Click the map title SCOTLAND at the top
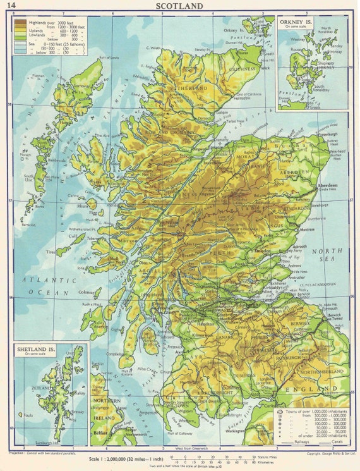tap(179, 6)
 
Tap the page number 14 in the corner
tap(13, 6)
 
